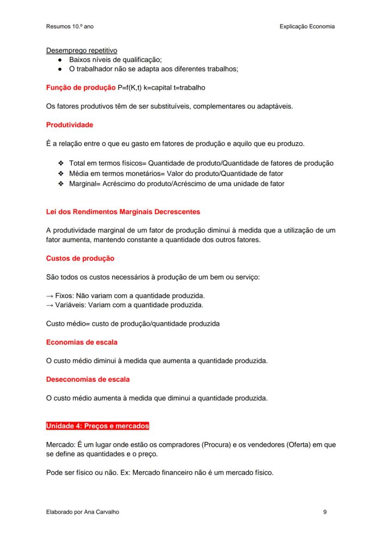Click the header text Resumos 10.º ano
coord(70,26)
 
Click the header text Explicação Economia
coord(307,26)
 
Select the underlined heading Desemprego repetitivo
coord(82,51)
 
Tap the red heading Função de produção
coord(74,88)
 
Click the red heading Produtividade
coord(69,125)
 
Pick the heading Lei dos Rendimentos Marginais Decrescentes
coord(123,212)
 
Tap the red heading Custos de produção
coord(80,259)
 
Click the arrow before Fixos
coord(50,296)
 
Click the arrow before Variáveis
coord(50,305)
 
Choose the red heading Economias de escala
coord(82,342)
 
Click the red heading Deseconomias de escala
coord(88,379)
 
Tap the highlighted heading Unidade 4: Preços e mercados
coord(97,426)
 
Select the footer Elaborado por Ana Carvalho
coord(83,512)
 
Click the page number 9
coord(325,512)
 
